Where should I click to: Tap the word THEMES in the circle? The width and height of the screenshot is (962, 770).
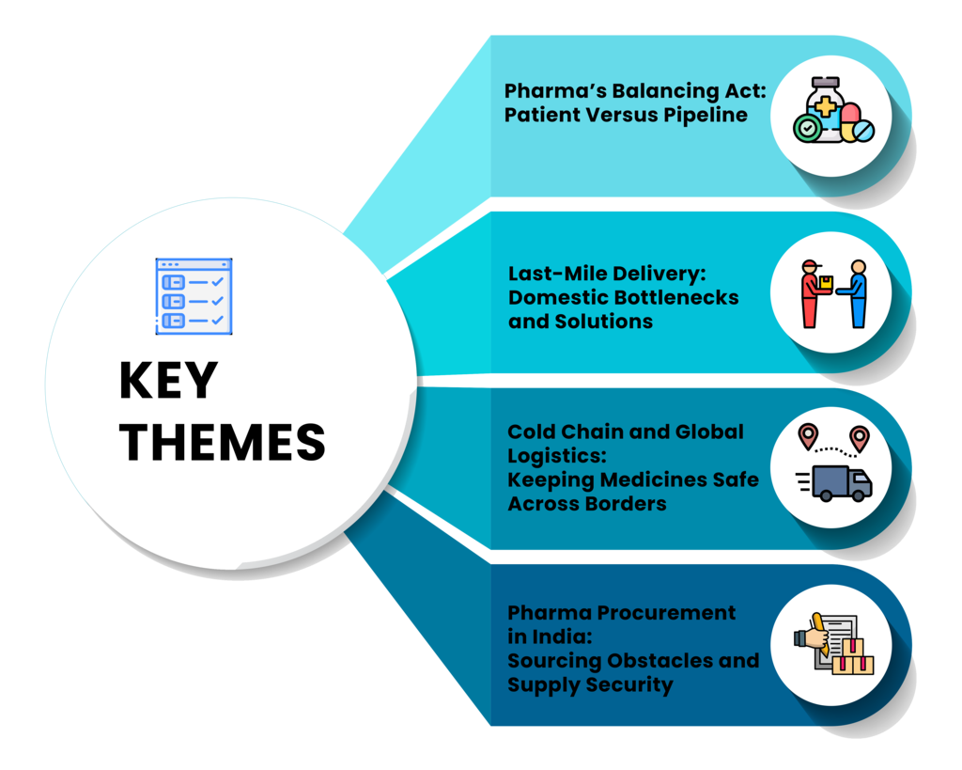(x=223, y=442)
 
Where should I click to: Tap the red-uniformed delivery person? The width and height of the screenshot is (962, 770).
(x=813, y=294)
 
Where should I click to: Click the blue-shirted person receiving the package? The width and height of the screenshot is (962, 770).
(x=855, y=294)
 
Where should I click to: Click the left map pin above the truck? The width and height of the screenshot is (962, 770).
(x=806, y=436)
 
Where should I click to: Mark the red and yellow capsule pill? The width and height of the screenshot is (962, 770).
(x=849, y=120)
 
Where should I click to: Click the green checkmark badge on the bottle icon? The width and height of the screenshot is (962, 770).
(x=806, y=129)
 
